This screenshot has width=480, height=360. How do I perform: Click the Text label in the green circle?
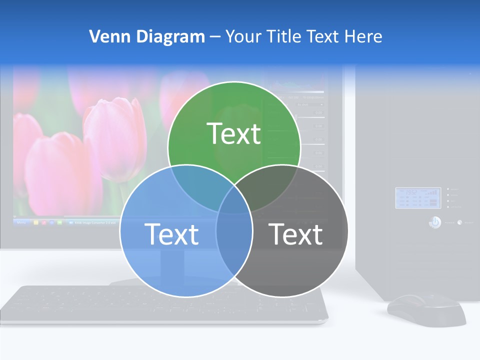coord(234,133)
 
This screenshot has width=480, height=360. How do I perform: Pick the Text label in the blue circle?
coord(171,234)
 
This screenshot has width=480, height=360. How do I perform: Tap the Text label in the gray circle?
coord(296,234)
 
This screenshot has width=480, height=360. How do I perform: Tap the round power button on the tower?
coord(435,222)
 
